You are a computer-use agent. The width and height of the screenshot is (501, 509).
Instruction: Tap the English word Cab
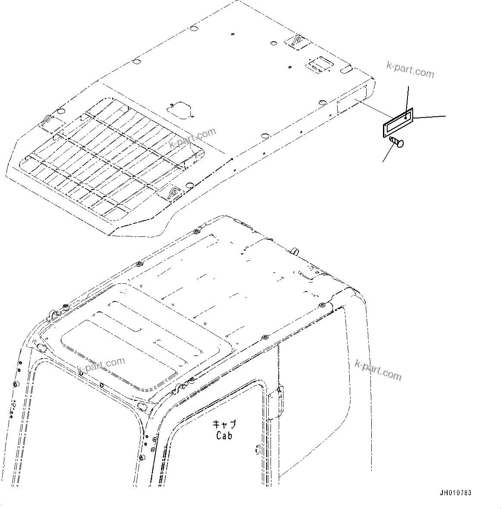pyautogui.click(x=224, y=435)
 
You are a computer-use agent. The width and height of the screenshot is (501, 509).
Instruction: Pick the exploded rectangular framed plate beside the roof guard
pyautogui.click(x=398, y=123)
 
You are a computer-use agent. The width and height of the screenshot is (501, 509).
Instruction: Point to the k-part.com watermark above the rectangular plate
pyautogui.click(x=410, y=69)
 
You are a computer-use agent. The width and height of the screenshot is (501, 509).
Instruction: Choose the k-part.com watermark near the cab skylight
pyautogui.click(x=101, y=365)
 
